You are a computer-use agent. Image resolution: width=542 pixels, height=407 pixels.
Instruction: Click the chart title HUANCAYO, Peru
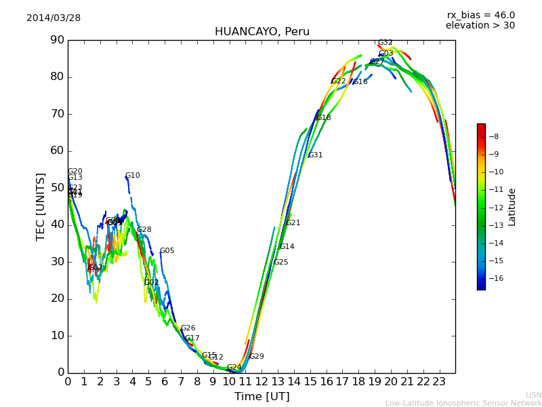pos(262,32)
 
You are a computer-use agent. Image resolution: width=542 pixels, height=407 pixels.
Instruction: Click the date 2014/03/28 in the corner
pos(54,18)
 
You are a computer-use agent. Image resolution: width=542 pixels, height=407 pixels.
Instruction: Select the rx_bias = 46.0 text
pos(480,16)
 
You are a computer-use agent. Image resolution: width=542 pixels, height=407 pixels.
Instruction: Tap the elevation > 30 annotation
pos(480,26)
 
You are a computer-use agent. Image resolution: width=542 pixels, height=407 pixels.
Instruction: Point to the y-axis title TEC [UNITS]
pos(41,206)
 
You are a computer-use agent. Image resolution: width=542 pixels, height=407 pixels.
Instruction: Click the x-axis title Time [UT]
pos(262,397)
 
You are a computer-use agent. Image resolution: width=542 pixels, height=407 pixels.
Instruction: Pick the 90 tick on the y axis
pos(57,40)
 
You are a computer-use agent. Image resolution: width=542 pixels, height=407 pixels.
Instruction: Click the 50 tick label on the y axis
pos(57,188)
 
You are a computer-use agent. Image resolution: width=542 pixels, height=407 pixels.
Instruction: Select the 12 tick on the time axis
pos(262,382)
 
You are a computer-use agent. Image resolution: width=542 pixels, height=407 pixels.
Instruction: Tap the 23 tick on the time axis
pos(439,382)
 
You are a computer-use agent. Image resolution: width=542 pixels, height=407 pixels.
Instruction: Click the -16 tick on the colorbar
pos(498,278)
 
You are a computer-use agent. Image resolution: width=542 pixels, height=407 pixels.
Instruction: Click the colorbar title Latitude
pos(512,207)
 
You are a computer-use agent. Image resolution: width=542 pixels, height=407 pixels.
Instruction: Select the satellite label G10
pos(133,176)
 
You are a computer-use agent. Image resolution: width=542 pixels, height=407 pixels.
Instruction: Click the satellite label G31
pos(316,155)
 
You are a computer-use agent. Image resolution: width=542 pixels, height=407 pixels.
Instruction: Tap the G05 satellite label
pos(167,251)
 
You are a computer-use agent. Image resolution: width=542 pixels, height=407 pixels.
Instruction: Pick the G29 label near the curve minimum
pos(257,357)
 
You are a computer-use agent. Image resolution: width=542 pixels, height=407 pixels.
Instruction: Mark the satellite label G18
pos(324,118)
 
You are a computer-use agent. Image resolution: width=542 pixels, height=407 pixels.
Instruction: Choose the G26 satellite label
pos(188,328)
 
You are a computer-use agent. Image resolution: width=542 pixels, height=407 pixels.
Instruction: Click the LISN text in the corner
pos(534,395)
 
